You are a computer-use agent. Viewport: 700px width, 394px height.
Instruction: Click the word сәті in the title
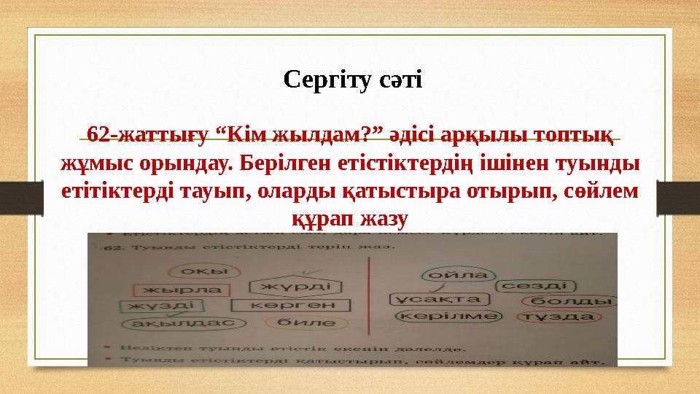397,78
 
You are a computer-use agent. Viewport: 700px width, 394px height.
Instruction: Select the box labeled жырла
172,290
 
